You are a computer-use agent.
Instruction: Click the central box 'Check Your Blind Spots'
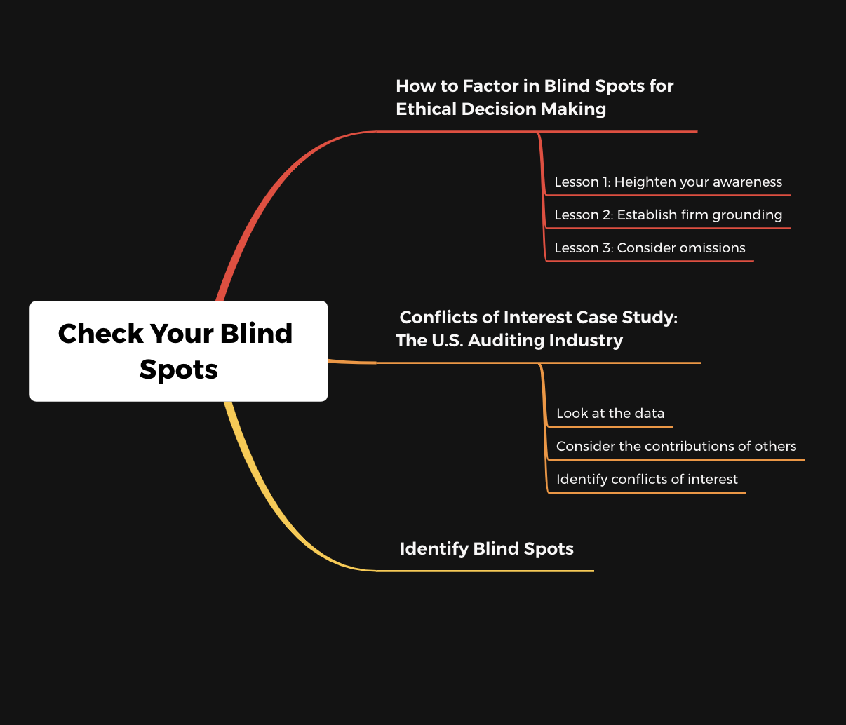pos(178,351)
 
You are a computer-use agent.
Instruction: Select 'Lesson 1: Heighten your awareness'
pos(668,182)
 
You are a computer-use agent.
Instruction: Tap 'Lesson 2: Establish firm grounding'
pos(668,215)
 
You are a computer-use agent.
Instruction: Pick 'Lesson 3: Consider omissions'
pos(650,248)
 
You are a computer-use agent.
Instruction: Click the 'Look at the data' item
pos(610,413)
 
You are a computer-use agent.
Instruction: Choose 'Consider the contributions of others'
pos(676,446)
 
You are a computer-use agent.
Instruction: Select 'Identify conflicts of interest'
pos(647,479)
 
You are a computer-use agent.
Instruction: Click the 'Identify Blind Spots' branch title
pos(486,549)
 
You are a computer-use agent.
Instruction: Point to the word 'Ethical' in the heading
pos(426,109)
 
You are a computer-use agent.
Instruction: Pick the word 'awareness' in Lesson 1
pos(747,182)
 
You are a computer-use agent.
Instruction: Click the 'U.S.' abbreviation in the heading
pos(448,340)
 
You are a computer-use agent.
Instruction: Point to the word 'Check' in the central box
pos(101,334)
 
